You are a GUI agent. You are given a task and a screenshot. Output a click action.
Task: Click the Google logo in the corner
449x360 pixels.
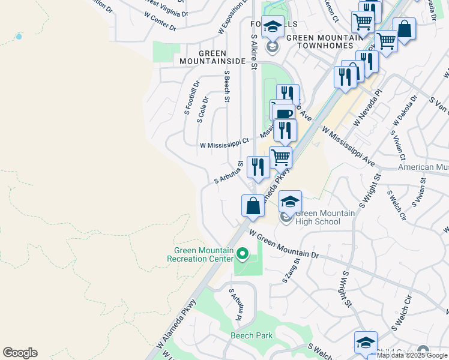pos(20,353)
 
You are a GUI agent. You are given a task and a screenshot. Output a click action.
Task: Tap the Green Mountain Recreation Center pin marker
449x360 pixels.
pos(243,255)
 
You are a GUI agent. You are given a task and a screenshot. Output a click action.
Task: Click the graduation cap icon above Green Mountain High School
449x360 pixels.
pos(290,202)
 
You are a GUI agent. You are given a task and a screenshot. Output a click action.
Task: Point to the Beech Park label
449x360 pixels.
pos(252,335)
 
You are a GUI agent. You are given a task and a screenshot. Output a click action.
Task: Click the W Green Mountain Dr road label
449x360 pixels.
pos(283,245)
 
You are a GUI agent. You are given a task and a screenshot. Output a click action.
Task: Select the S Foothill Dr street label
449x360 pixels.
pos(190,98)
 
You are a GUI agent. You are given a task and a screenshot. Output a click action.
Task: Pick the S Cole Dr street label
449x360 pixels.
pos(203,109)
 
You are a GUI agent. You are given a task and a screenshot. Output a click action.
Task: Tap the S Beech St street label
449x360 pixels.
pos(227,85)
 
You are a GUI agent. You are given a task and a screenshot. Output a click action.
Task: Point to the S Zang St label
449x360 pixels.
pos(292,268)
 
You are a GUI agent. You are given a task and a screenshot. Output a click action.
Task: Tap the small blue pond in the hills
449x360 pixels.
pos(19,37)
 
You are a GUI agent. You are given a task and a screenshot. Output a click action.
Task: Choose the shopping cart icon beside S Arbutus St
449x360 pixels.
pos(280,158)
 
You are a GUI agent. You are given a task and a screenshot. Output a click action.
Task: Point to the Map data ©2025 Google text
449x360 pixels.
pos(412,355)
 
